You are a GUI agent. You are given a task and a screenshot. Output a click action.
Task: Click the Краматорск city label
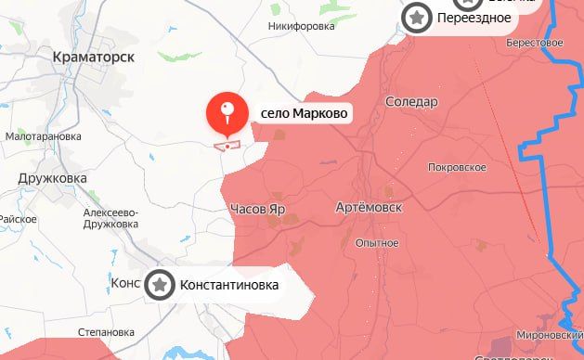[x=93, y=57]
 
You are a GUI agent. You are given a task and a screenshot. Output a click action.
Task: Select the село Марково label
[x=305, y=113]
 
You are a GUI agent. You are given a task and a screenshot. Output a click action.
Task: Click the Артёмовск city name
[x=368, y=209]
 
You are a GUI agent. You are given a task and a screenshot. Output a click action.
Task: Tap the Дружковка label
[x=52, y=178]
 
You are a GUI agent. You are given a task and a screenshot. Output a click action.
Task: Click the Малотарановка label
[x=45, y=135]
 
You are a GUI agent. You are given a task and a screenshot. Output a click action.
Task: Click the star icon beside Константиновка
[x=161, y=285]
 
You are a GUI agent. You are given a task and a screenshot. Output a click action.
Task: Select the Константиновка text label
[x=228, y=285]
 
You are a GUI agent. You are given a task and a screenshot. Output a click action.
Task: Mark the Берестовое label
[x=536, y=43]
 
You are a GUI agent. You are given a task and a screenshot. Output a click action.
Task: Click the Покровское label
[x=458, y=167]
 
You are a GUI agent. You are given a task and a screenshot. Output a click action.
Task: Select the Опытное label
[x=377, y=243]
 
